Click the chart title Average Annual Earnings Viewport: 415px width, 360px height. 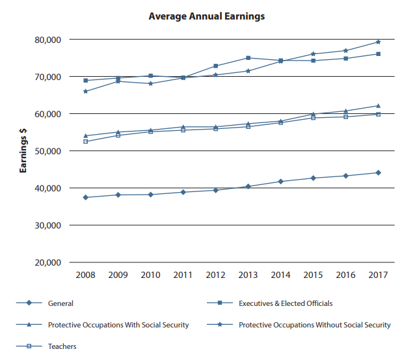pos(207,16)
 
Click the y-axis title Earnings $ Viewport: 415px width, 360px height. pos(23,151)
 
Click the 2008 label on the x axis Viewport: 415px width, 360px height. pos(85,275)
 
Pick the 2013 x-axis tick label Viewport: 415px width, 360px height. pos(248,275)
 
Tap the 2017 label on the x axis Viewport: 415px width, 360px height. pos(378,275)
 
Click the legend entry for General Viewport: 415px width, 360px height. pos(60,303)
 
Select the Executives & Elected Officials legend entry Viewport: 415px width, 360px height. pos(286,303)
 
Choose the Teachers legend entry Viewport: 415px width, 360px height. pos(62,346)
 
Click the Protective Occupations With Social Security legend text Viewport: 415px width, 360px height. pos(118,325)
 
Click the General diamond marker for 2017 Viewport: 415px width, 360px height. pos(378,173)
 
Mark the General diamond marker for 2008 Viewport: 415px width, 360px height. pos(85,197)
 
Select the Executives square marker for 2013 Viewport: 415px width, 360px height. pos(248,58)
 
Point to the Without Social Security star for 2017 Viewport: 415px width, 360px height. pos(378,42)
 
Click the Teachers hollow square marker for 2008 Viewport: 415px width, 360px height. pos(85,141)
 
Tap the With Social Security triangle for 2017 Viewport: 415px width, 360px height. pos(378,105)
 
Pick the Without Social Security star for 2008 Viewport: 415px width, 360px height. pos(85,91)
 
